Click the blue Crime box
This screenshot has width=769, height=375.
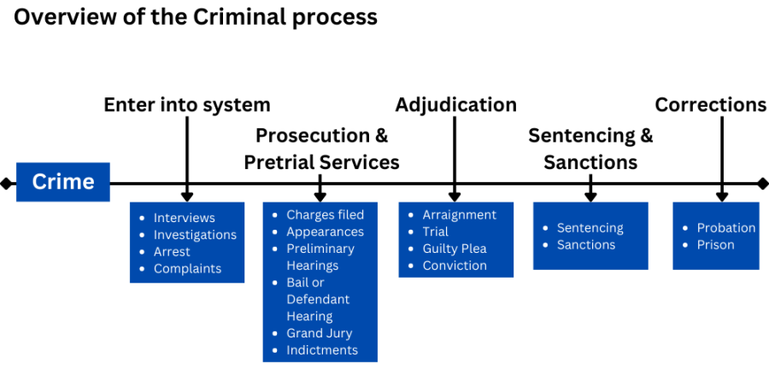[x=62, y=182]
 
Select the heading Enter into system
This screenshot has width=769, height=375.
[x=187, y=105]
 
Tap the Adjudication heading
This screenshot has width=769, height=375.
[x=455, y=105]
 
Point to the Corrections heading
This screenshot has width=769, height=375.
[x=710, y=105]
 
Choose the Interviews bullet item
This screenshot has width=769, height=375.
[x=184, y=218]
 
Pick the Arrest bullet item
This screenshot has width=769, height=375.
[x=172, y=252]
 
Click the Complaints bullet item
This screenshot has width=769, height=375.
[x=187, y=269]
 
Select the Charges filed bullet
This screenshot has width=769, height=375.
[x=325, y=214]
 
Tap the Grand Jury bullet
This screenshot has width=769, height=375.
[x=319, y=333]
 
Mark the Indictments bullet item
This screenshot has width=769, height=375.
[x=321, y=350]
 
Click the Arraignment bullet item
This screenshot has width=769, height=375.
[x=459, y=214]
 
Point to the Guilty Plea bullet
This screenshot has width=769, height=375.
[x=454, y=249]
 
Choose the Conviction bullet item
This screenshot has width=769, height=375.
[x=455, y=266]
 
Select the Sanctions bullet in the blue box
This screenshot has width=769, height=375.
[x=585, y=245]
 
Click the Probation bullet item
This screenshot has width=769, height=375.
[x=725, y=228]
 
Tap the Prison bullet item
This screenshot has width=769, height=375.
[x=715, y=245]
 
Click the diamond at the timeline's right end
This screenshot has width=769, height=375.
[x=762, y=184]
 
